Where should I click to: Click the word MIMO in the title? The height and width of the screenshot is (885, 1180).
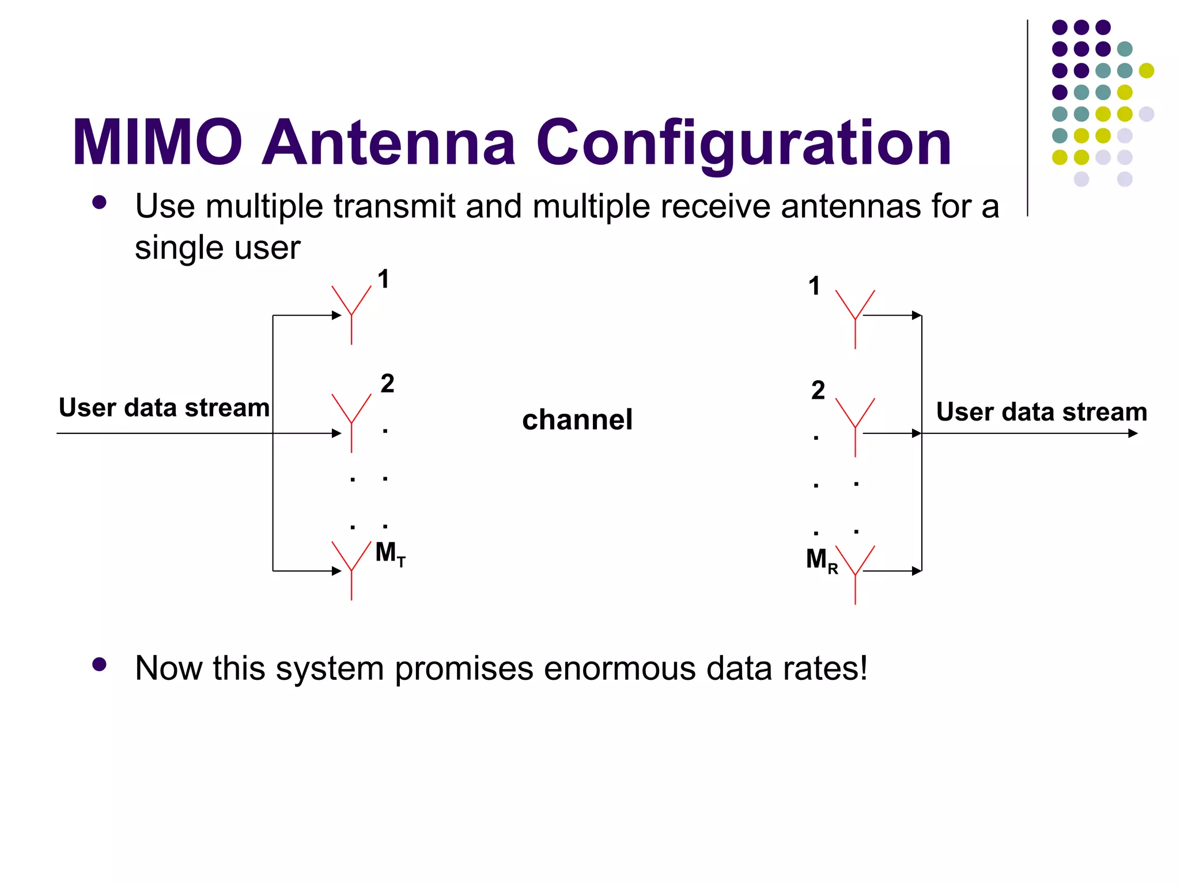pos(157,143)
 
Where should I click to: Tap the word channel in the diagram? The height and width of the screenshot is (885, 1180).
pos(577,419)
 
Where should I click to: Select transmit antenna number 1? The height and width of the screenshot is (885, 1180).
pos(351,314)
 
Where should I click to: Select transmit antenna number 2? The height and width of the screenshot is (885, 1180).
pos(351,422)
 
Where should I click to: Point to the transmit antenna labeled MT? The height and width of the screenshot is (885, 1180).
pos(351,570)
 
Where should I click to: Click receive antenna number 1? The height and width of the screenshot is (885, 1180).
pos(855,318)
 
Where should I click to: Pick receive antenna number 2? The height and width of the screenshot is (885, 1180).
pos(855,426)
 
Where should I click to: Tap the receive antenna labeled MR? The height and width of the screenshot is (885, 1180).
pos(855,574)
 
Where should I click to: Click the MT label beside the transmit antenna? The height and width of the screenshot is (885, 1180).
pos(390,554)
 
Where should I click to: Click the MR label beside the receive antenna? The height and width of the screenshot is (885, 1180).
pos(821,560)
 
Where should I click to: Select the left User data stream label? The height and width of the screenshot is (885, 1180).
pos(164,408)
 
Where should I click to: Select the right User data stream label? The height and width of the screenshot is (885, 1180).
pos(1041,412)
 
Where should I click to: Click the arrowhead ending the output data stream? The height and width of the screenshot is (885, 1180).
pos(1133,433)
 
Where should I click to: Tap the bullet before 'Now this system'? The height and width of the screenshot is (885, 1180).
pos(99,664)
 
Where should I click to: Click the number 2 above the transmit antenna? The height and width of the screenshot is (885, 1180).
pos(387,384)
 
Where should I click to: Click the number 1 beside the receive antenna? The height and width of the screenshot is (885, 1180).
pos(814,286)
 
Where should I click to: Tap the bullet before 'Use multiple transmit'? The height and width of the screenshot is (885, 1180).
pos(99,202)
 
